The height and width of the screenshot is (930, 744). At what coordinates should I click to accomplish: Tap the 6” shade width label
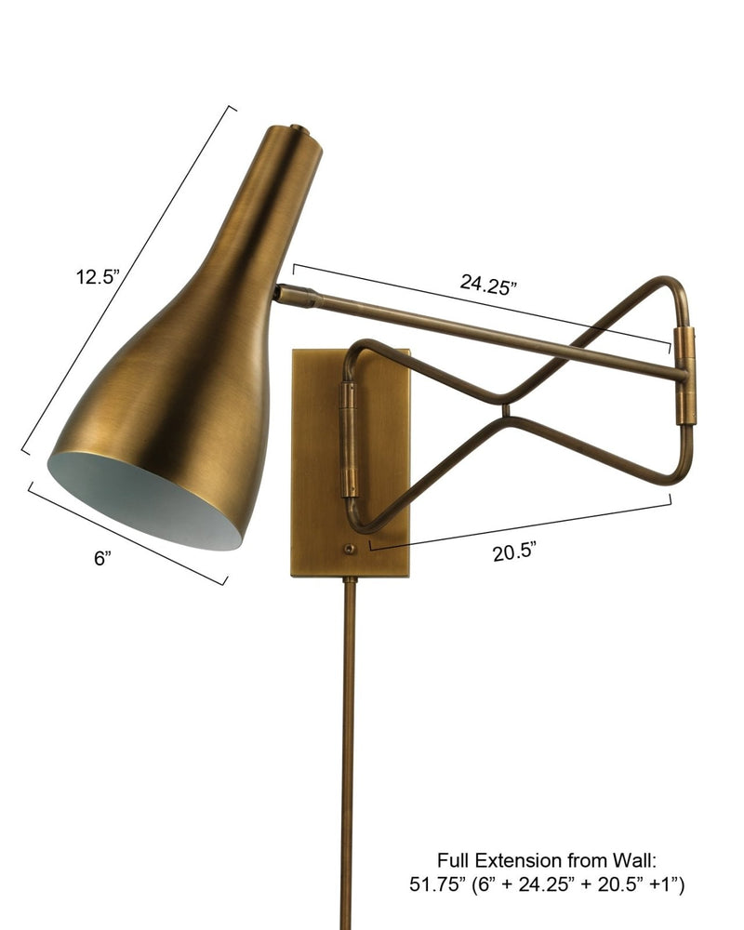point(102,558)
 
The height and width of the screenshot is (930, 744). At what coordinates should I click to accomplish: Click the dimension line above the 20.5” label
point(521,524)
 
